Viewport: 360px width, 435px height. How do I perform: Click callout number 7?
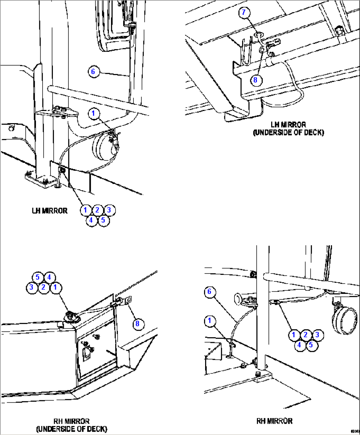point(244,13)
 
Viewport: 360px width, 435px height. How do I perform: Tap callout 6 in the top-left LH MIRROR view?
point(93,72)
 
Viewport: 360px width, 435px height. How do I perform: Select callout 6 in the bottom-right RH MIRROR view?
point(209,292)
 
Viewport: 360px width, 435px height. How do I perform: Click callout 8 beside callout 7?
point(255,80)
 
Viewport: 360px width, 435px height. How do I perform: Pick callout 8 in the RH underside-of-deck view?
point(137,324)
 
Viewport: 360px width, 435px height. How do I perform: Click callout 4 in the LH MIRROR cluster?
point(91,220)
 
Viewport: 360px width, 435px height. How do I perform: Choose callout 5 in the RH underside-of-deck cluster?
point(38,277)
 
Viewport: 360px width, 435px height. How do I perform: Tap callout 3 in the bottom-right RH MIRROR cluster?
point(317,335)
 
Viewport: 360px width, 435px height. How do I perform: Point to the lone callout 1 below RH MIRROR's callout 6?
point(209,321)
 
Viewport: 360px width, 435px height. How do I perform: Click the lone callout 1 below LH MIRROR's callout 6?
point(93,114)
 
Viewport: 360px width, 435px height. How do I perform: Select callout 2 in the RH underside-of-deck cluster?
point(43,287)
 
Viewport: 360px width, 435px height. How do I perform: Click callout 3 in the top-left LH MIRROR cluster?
point(109,210)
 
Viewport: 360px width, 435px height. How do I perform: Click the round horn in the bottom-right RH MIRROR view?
point(345,321)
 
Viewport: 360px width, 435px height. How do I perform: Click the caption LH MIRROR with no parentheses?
point(50,211)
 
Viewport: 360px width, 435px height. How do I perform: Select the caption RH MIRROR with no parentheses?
point(274,421)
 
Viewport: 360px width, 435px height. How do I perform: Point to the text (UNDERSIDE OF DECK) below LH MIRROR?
point(288,133)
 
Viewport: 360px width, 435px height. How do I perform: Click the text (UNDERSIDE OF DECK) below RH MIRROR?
point(72,429)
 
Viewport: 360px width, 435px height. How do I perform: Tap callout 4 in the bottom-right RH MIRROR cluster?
point(299,345)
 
